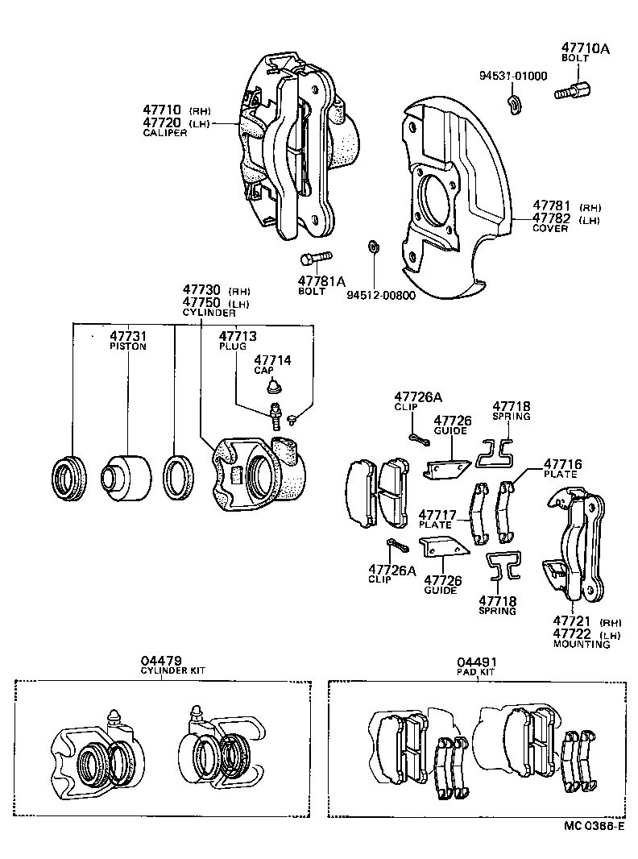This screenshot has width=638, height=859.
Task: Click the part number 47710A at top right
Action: tap(585, 49)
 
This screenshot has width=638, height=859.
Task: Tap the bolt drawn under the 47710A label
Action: tap(573, 89)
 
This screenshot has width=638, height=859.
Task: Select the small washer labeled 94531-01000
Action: tap(513, 102)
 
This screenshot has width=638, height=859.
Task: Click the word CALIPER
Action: tap(165, 133)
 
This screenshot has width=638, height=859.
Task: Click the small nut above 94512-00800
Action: tap(373, 245)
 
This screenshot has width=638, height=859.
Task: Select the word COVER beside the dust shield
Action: tap(550, 228)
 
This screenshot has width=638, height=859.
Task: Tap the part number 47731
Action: tap(128, 336)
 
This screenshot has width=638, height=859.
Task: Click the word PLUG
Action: tap(234, 346)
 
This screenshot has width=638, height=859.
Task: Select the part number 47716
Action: tap(561, 464)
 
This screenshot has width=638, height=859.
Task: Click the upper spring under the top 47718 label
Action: tap(498, 452)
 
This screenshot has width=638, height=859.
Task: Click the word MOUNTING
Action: tap(581, 645)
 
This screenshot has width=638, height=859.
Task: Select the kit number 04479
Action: tap(160, 661)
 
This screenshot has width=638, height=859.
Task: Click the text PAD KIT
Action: tap(477, 670)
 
